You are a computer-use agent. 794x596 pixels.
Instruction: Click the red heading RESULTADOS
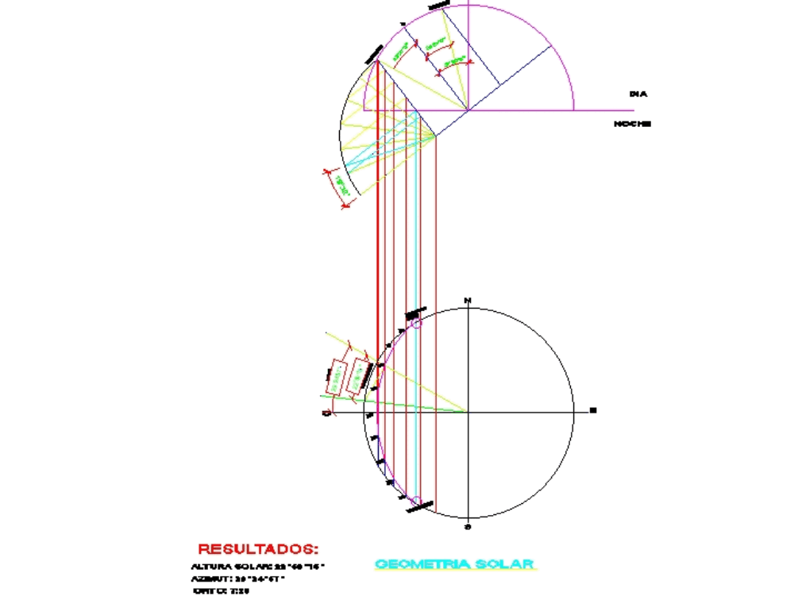257,548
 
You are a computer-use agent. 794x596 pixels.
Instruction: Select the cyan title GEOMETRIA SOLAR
455,564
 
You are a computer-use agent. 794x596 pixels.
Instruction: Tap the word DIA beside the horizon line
638,94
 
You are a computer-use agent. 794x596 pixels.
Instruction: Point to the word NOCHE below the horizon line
632,124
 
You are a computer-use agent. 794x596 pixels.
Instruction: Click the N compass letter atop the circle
468,300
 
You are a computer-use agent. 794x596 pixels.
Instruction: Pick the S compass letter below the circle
468,526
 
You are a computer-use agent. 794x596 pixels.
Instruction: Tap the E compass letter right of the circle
592,411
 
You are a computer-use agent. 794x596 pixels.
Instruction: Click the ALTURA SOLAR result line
259,567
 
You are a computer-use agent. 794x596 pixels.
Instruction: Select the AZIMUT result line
238,579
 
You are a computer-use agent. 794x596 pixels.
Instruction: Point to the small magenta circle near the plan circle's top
417,323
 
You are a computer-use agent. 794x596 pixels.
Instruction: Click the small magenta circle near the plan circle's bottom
415,501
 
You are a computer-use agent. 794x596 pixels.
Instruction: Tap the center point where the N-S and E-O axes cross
468,412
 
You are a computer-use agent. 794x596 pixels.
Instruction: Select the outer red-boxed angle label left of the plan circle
337,376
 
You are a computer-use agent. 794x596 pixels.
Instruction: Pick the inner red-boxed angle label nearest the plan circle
360,372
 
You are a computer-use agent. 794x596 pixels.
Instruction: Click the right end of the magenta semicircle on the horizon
573,110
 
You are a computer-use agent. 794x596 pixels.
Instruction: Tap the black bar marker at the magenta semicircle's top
438,6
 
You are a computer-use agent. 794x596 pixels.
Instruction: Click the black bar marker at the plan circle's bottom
421,506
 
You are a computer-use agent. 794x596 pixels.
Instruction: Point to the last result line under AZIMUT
216,591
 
